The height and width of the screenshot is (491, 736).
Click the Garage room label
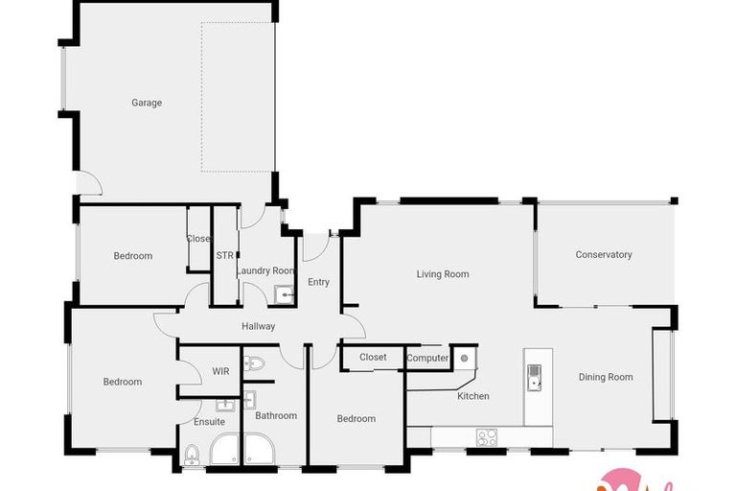(147, 103)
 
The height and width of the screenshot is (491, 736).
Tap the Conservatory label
(604, 254)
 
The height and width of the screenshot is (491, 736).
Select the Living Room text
(443, 274)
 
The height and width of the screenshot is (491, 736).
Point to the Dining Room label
(606, 377)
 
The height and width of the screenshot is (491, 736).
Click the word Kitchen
(473, 396)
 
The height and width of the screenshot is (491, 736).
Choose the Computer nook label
(427, 359)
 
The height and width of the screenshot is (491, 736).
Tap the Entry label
(318, 282)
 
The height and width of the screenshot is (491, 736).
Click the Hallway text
(259, 326)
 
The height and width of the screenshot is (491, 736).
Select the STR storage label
(225, 256)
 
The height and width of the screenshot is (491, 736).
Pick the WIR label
(220, 370)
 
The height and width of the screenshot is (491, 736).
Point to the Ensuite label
(210, 422)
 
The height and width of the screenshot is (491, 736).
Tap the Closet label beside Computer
(373, 358)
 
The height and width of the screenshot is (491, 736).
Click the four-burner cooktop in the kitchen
(488, 437)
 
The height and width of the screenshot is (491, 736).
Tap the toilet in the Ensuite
(192, 455)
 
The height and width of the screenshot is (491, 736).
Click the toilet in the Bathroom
(254, 363)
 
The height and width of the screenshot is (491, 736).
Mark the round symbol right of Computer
(464, 358)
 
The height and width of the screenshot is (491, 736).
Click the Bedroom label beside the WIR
(123, 382)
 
